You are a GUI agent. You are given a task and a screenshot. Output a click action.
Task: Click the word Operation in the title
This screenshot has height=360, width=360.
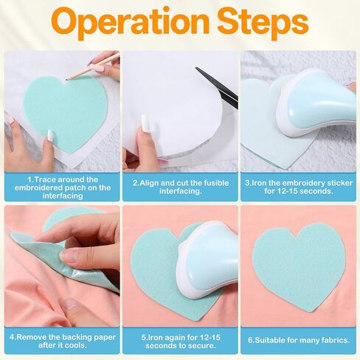(x=131, y=24)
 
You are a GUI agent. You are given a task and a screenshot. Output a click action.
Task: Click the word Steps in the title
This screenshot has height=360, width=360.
(x=263, y=23)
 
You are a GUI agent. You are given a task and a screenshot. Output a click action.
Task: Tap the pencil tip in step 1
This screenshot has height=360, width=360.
(x=66, y=79)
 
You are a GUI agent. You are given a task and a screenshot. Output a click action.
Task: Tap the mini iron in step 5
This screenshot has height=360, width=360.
(x=207, y=260)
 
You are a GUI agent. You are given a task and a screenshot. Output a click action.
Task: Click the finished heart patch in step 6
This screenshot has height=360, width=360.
(x=299, y=267)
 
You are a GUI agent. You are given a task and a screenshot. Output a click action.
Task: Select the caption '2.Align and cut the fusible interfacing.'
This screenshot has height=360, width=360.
(x=181, y=187)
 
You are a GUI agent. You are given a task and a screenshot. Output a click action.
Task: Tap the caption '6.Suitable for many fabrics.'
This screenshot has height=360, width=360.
(x=299, y=340)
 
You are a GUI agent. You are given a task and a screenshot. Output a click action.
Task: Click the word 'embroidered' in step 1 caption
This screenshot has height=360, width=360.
(x=38, y=188)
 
